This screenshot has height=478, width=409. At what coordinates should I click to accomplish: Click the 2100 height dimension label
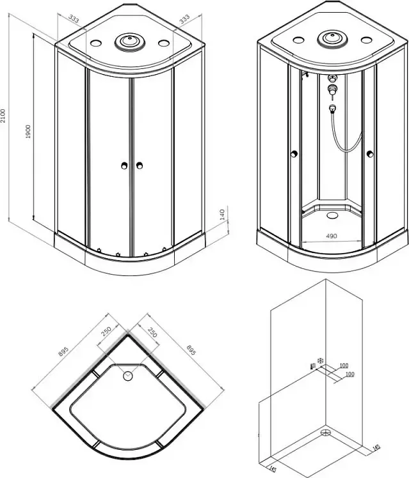[x=3, y=116]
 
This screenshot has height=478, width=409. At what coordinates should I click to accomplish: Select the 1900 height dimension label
[x=28, y=132]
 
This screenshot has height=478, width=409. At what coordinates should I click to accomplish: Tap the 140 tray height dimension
[x=222, y=215]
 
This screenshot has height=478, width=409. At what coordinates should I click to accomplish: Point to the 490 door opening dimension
[x=332, y=236]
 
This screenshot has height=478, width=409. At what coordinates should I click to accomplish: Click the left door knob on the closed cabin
[x=124, y=166]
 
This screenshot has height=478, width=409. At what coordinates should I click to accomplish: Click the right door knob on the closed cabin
[x=140, y=166]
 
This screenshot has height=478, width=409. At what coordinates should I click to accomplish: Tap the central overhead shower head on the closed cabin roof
[x=130, y=42]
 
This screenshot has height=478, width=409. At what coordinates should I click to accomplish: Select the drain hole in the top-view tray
[x=128, y=376]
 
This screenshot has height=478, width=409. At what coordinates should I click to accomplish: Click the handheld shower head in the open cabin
[x=332, y=107]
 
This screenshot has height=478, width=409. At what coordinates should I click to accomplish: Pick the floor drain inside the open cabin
[x=332, y=215]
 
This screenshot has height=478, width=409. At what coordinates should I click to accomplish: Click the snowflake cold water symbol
[x=321, y=360]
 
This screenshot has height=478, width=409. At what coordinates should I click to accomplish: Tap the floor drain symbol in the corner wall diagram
[x=326, y=432]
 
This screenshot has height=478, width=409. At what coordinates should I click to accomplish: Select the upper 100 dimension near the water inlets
[x=344, y=365]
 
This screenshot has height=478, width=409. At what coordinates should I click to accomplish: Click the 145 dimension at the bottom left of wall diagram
[x=273, y=468]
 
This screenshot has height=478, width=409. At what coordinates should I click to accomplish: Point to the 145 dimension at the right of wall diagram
[x=376, y=447]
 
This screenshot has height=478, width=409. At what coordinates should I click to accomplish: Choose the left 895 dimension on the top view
[x=63, y=351]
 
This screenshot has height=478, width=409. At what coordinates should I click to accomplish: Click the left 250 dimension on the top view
[x=106, y=332]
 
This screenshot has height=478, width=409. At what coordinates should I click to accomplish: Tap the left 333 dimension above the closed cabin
[x=74, y=19]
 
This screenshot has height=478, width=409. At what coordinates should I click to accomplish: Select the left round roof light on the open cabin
[x=298, y=40]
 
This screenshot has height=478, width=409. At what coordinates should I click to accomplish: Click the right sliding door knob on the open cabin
[x=370, y=154]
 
